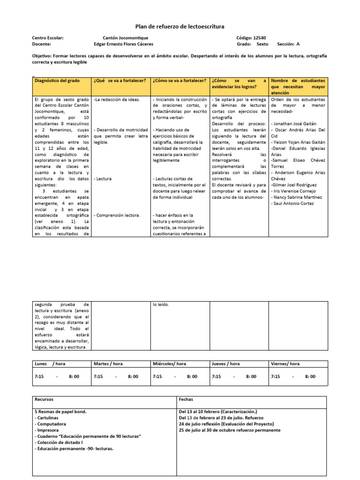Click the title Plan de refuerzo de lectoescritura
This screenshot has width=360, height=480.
180,27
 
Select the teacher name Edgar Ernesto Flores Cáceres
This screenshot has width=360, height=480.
123,44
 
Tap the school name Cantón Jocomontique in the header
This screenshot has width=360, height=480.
125,37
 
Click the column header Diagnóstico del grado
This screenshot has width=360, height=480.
57,81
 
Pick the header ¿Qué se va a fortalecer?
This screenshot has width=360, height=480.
120,81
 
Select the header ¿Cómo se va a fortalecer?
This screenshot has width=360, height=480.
180,81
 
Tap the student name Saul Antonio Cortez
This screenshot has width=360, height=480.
293,204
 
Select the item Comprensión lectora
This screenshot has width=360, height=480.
118,215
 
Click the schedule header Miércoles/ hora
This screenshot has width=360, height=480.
169,364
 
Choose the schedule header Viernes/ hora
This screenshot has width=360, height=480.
285,364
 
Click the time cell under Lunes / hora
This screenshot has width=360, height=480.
57,376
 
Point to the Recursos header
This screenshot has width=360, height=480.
44,399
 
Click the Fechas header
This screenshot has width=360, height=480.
186,399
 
